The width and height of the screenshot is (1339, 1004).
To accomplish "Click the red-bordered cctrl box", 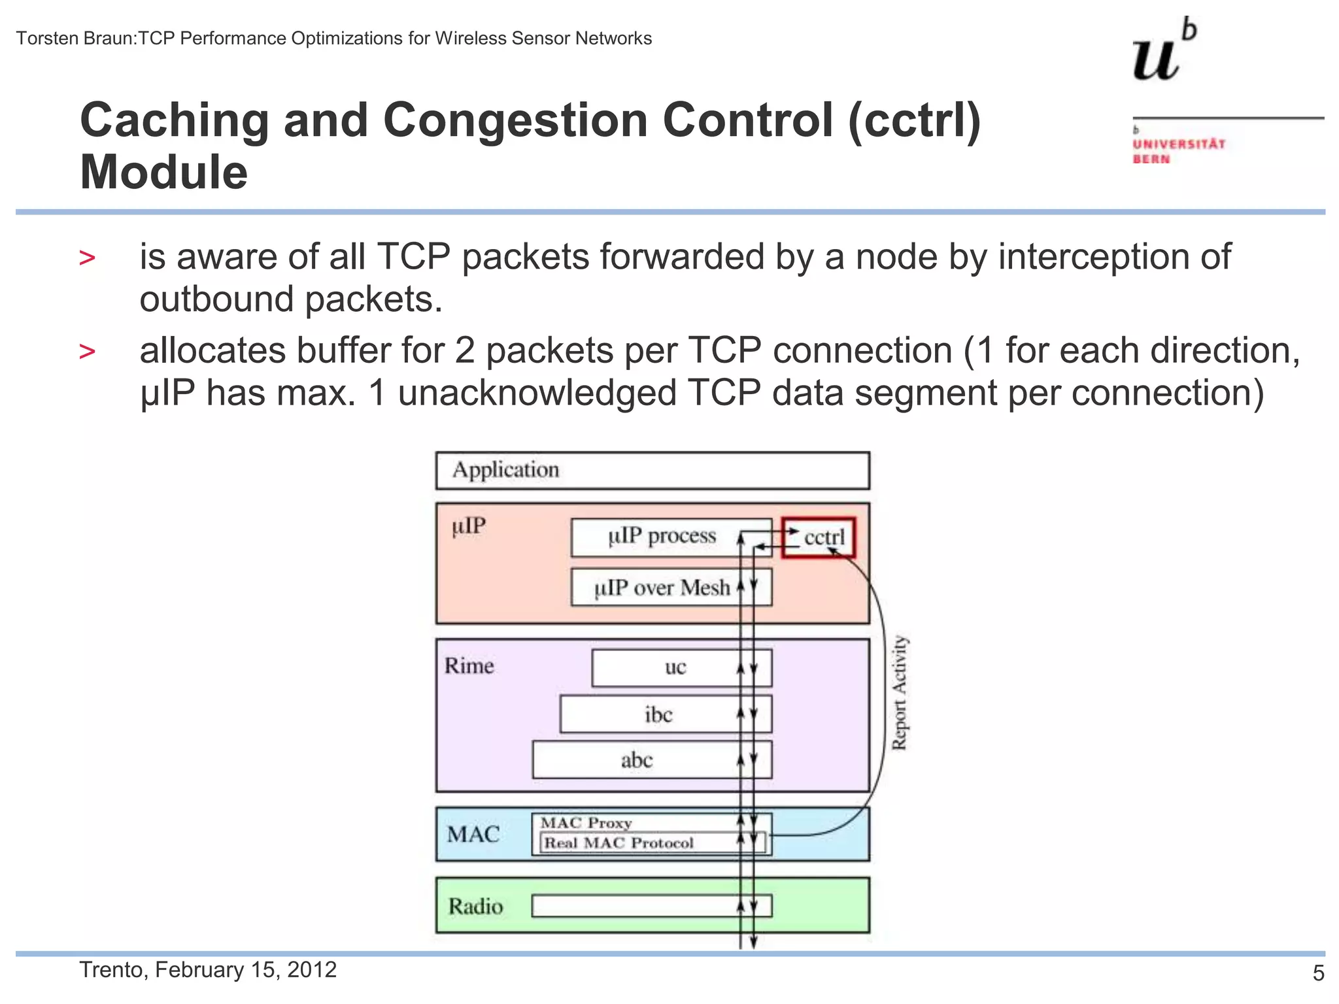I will point(819,537).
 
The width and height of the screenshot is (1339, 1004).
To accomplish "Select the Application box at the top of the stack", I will point(652,471).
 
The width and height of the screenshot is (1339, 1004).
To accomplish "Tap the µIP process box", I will point(662,537).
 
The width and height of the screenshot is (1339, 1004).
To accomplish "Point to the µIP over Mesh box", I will point(662,588).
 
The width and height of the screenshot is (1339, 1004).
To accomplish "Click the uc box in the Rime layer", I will point(675,667).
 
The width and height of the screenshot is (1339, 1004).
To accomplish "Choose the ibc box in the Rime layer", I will point(658,714).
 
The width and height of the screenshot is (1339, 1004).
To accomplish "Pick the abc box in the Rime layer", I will point(637,760).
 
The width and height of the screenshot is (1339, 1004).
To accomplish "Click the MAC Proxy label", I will point(586,823).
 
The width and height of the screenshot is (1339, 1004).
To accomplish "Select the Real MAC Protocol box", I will point(619,843).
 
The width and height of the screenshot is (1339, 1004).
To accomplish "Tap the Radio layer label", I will point(475,907).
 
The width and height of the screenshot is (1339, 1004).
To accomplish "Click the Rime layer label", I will point(469,666).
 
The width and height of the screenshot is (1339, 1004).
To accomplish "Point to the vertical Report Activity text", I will point(900,693).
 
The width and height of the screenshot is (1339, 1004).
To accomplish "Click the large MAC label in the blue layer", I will point(473,835).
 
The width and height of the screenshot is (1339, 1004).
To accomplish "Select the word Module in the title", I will point(163,173).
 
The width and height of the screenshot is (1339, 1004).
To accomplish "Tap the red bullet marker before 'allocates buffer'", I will point(87,352).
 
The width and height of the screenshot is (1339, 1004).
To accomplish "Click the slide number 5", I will point(1318,973).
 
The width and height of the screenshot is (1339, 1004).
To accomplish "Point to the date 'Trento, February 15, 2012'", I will point(208,969).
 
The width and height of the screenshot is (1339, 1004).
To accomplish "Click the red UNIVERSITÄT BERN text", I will point(1178,151).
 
